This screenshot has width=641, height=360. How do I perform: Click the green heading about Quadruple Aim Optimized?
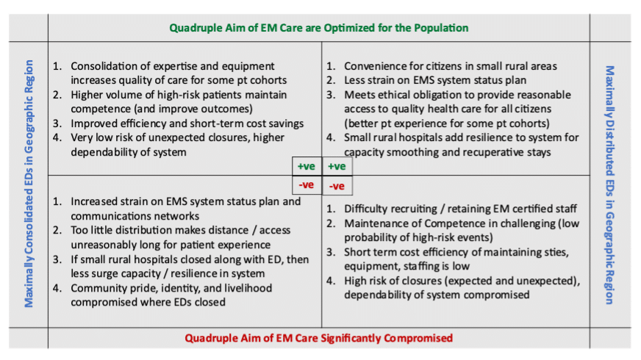click(319, 28)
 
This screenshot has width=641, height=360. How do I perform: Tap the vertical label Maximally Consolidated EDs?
click(29, 184)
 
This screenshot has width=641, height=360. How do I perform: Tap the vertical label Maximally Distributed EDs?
click(609, 184)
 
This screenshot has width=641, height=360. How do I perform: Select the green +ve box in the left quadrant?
click(307, 166)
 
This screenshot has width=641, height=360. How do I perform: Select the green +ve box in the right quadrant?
click(337, 166)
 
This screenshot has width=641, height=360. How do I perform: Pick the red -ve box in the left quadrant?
click(307, 185)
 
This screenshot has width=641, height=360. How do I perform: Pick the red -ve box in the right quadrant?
click(337, 186)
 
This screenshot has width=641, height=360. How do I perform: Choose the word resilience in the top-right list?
click(467, 137)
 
